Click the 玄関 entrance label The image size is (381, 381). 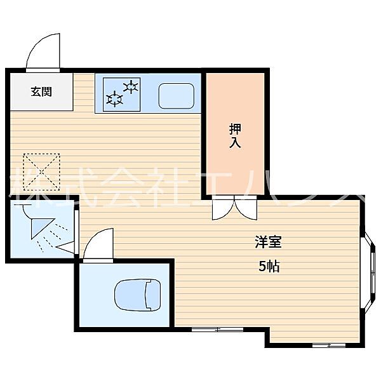pyautogui.click(x=41, y=91)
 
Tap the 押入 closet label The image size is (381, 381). pyautogui.click(x=234, y=136)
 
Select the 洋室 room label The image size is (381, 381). pyautogui.click(x=268, y=242)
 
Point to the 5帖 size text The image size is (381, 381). pyautogui.click(x=269, y=267)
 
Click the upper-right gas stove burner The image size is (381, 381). pyautogui.click(x=131, y=86)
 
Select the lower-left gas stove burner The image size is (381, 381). pyautogui.click(x=115, y=99)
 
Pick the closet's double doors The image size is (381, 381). pyautogui.click(x=234, y=207)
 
